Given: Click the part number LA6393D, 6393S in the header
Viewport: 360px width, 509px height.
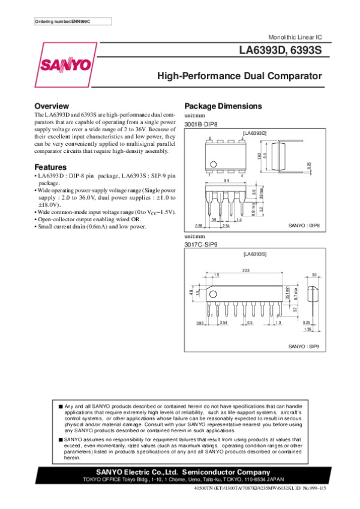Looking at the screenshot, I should click(281, 52).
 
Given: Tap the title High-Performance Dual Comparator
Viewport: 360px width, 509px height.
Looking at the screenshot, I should click(239, 77).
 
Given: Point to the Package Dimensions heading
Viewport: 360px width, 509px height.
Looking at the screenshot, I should click(223, 106).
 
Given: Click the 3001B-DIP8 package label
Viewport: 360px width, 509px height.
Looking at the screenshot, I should click(200, 124).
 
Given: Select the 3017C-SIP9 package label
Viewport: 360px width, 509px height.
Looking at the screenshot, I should click(200, 243).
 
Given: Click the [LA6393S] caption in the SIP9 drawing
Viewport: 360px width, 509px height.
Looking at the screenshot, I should click(254, 255).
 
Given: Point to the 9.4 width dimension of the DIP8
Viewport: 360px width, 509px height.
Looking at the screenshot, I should click(226, 180).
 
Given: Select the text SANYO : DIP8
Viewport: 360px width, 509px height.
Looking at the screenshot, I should click(305, 226).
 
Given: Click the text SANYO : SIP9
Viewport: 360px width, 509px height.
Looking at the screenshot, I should click(304, 346).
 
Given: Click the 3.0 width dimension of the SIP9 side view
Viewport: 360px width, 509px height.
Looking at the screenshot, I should click(314, 274).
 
